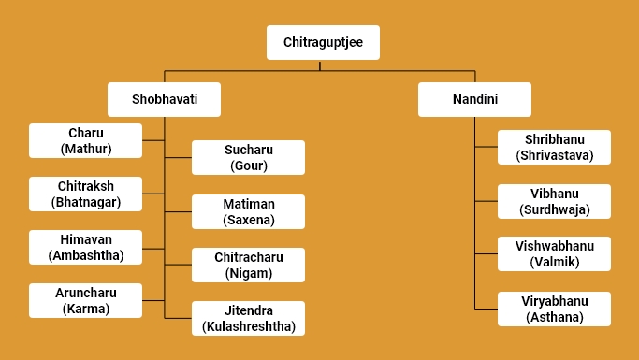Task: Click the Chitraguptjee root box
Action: coord(323,42)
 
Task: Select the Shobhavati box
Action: coord(164,99)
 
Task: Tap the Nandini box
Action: coord(474,99)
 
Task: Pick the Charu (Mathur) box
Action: coord(85,140)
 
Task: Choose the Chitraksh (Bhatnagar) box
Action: coord(85,194)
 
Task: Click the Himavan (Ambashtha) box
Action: coord(85,247)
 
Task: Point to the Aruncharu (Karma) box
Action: coord(85,300)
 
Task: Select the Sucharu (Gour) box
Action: coord(248,158)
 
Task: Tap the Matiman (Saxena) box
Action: coord(248,212)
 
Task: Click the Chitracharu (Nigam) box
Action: coord(248,265)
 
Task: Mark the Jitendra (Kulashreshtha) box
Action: coord(248,318)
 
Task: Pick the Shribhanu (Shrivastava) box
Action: coord(554,147)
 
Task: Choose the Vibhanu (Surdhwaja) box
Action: coord(554,201)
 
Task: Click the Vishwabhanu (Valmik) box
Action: coord(554,254)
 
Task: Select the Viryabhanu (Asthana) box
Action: coord(554,309)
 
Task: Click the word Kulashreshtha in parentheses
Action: coord(248,326)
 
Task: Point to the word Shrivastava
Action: coord(554,155)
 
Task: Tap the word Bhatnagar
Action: coord(85,202)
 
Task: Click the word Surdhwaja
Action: coord(554,209)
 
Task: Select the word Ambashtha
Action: coord(85,255)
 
